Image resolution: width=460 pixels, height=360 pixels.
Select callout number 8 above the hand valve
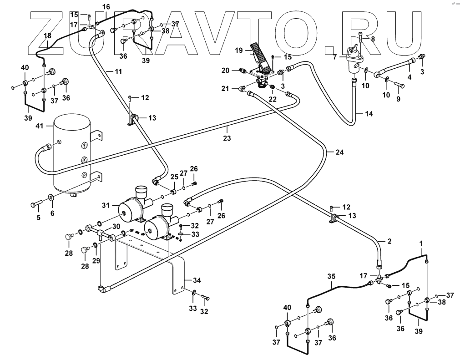(x=373, y=39)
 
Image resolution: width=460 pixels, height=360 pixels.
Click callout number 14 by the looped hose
(x=369, y=114)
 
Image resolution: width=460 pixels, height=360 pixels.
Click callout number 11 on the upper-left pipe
(x=118, y=72)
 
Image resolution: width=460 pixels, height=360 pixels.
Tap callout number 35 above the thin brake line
(x=331, y=276)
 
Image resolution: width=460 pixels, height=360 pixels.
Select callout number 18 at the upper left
(x=47, y=35)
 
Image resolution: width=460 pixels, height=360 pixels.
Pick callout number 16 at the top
(x=106, y=7)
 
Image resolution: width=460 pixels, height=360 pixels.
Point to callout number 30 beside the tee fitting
(x=116, y=226)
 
